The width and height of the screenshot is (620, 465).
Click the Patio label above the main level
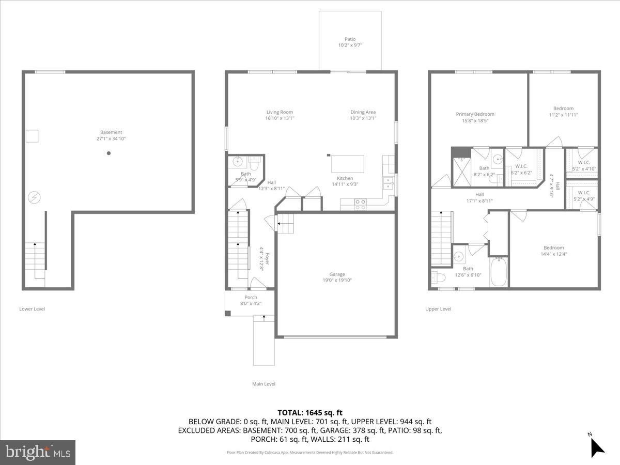(x=350, y=39)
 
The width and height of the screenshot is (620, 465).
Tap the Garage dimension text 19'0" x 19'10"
(x=337, y=281)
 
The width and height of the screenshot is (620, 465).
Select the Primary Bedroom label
(x=475, y=114)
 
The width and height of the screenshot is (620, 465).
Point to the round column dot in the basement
(x=109, y=153)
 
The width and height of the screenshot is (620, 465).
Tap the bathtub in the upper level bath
(x=499, y=272)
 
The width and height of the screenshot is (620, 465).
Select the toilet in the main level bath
(x=254, y=163)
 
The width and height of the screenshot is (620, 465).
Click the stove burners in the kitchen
(x=360, y=205)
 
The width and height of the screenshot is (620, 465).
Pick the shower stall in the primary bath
(x=461, y=171)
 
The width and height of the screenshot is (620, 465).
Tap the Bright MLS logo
(x=38, y=452)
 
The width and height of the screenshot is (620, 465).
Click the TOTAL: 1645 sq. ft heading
(x=310, y=413)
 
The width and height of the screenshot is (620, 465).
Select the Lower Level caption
(x=32, y=309)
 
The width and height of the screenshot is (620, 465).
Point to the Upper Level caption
(x=438, y=309)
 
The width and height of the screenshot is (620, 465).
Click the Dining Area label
(x=363, y=112)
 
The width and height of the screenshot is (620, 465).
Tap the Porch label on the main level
(x=251, y=298)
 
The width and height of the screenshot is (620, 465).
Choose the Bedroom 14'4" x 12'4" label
(x=553, y=247)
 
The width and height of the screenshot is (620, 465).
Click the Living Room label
(x=280, y=112)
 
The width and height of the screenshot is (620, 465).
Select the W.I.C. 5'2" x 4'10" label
(x=584, y=162)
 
